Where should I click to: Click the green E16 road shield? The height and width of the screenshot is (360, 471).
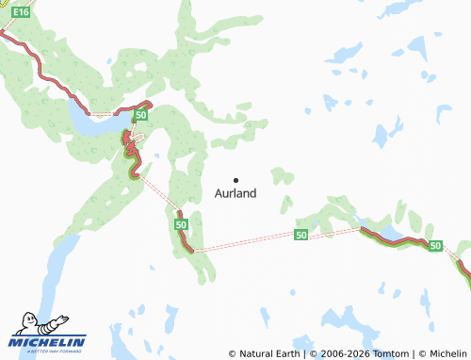click(21, 13)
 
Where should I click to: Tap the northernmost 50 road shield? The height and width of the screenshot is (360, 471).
click(139, 114)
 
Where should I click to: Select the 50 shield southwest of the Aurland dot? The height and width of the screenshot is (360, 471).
click(181, 225)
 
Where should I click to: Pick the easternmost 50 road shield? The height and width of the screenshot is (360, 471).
click(434, 245)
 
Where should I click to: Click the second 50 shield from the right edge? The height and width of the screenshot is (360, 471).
click(300, 235)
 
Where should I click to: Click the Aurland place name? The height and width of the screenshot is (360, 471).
click(235, 193)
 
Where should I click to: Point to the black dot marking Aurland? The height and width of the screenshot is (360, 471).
click(235, 180)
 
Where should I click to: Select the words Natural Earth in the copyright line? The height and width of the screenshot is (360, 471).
click(269, 353)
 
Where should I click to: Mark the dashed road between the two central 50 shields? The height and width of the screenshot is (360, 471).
click(245, 241)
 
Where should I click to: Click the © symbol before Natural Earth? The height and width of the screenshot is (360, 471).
click(233, 353)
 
